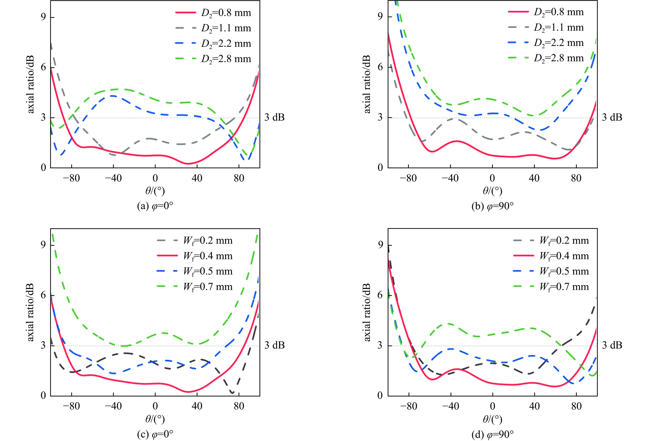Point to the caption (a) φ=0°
point(155,206)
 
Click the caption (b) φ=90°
point(492,206)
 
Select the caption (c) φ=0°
point(155,434)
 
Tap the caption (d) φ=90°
point(492,434)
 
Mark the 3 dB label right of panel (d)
point(612,345)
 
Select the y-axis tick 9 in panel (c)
point(43,245)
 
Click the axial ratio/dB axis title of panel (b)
point(367,84)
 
